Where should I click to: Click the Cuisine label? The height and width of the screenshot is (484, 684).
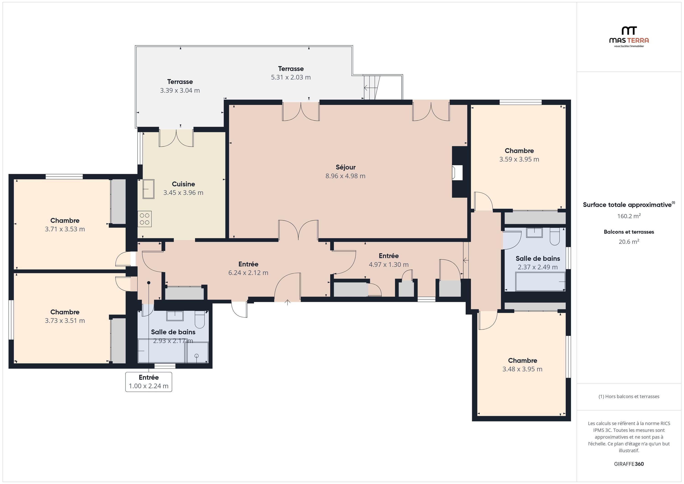(x=183, y=184)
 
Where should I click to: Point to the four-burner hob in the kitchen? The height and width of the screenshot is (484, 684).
(x=145, y=219)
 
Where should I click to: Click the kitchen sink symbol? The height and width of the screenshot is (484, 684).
(x=148, y=189)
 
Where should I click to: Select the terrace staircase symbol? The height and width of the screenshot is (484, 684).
(x=371, y=88)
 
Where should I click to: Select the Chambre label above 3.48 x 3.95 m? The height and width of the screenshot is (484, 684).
(x=522, y=361)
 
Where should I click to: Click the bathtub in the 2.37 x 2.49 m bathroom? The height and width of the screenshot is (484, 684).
(x=540, y=281)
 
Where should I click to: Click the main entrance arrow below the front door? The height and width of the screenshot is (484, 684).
(x=287, y=303)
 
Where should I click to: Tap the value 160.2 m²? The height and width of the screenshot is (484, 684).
(x=629, y=216)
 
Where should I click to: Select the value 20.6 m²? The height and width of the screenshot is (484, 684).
(x=629, y=242)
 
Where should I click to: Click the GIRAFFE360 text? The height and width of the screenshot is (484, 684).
(x=629, y=464)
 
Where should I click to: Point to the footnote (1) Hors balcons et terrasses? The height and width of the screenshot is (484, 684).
(x=629, y=396)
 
